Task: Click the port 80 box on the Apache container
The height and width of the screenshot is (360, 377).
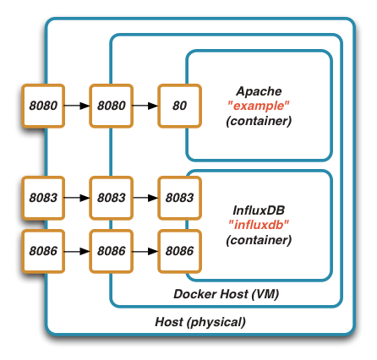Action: [x=179, y=106]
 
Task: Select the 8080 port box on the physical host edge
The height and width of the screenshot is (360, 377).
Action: [x=43, y=106]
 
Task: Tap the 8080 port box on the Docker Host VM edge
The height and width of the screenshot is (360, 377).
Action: [x=111, y=106]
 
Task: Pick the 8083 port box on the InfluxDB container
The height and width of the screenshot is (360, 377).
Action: [x=179, y=197]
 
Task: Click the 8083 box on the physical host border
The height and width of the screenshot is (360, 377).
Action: [x=43, y=197]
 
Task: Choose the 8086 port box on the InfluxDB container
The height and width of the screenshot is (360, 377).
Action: [x=179, y=251]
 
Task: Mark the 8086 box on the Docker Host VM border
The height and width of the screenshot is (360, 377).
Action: [x=111, y=251]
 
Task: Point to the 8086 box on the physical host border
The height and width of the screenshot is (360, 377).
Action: [x=43, y=251]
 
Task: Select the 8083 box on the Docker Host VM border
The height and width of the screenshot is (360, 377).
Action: [x=111, y=197]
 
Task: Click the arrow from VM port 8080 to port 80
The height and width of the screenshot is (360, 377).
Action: [x=145, y=106]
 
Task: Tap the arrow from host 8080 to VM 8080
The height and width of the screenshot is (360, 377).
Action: [x=77, y=106]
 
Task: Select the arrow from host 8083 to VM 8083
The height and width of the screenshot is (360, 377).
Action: [x=77, y=197]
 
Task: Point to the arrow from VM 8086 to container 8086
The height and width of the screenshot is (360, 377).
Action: [x=145, y=251]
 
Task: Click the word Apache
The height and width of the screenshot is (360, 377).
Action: [x=259, y=90]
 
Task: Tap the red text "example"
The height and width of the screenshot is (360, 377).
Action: [x=259, y=106]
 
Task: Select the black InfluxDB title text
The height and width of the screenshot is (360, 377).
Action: [x=259, y=210]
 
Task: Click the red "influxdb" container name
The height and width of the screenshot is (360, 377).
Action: [x=259, y=225]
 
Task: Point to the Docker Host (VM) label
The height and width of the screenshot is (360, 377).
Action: [x=226, y=294]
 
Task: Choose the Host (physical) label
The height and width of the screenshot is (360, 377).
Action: [x=200, y=322]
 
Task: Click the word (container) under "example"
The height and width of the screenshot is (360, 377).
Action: [x=259, y=121]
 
